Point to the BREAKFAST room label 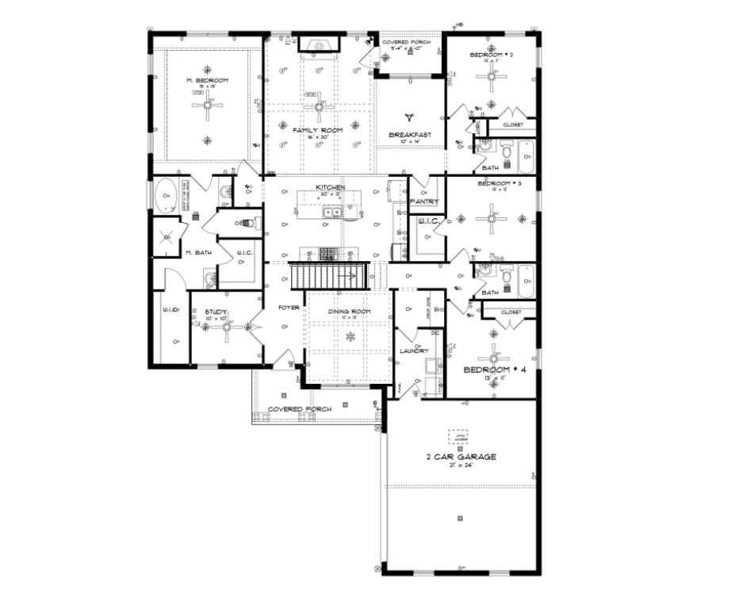(410, 135)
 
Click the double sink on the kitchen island (331, 212)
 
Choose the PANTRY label (424, 201)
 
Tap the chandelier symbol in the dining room (349, 337)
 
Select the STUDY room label (216, 313)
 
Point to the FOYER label (288, 307)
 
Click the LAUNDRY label (416, 350)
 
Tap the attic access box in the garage (458, 437)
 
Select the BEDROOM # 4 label (494, 370)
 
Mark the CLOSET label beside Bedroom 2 (512, 125)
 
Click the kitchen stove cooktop (327, 254)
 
